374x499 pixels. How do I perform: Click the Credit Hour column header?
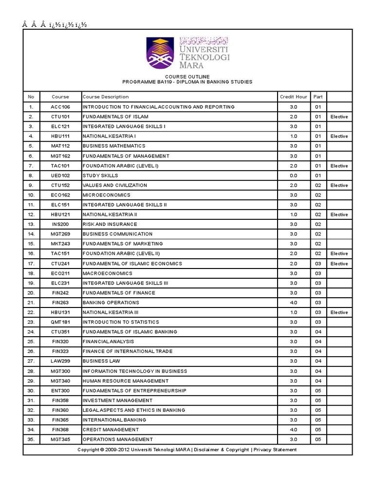(293, 97)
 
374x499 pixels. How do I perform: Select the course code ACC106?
(60, 107)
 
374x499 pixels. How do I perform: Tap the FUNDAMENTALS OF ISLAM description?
(115, 117)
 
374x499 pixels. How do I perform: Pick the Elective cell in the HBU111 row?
(339, 136)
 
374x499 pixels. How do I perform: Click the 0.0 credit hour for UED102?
(293, 175)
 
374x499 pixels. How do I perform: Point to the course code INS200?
(60, 224)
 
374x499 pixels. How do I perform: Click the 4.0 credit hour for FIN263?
(293, 303)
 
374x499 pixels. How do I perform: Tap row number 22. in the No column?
(31, 312)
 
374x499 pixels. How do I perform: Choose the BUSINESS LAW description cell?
(101, 361)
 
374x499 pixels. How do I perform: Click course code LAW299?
(60, 361)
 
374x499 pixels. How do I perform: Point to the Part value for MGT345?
(318, 440)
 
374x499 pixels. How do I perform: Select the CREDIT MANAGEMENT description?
(111, 430)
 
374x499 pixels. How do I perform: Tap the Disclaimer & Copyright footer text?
(221, 450)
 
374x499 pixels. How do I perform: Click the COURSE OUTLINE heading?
(187, 77)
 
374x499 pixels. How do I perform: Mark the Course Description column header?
(106, 97)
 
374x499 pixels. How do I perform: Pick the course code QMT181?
(60, 322)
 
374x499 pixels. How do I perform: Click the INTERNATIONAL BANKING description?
(113, 420)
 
